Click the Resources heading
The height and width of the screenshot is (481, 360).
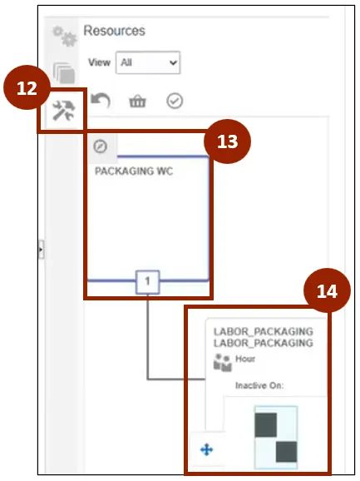pos(114,31)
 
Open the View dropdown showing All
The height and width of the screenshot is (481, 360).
pos(148,62)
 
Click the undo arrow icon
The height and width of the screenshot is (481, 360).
pos(101,101)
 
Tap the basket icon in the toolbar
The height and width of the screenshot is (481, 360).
pos(137,102)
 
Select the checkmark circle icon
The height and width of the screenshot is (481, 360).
pos(175,101)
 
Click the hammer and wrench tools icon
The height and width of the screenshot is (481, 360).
pos(63,111)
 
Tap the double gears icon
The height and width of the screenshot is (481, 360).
pos(64,36)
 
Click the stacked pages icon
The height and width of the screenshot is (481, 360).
pos(64,73)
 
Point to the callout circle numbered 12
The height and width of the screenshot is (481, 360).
pos(27,87)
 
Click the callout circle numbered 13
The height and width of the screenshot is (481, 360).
pos(227,141)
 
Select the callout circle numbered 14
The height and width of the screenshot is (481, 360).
pos(327,290)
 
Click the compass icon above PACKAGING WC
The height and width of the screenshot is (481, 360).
pos(101,146)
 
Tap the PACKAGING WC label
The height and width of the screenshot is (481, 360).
pos(134,171)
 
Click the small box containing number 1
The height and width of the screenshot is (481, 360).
pos(148,281)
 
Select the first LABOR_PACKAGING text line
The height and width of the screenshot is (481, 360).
pos(264,331)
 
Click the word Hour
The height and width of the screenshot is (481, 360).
pos(245,359)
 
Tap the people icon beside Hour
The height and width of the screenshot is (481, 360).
pos(223,362)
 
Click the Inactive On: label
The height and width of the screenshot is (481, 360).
pos(259,385)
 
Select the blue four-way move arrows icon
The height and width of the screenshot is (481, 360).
pos(206,450)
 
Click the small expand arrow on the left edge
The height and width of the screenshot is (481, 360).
pos(42,250)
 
